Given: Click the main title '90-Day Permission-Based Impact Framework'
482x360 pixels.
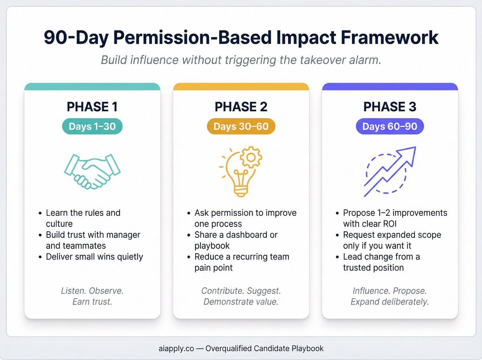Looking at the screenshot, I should tap(241, 38).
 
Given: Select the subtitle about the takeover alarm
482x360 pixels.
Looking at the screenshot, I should tap(241, 60).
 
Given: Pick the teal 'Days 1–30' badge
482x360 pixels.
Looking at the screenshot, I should tap(92, 127).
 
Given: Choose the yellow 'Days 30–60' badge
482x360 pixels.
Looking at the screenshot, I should tap(241, 127).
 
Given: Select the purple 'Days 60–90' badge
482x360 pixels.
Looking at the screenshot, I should tap(390, 127).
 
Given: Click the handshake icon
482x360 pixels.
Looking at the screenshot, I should tap(92, 171).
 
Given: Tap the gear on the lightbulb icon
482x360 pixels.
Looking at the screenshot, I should tap(251, 157).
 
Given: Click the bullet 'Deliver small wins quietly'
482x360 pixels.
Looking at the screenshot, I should tap(94, 256).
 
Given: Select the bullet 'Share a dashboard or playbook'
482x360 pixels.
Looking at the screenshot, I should tap(236, 240).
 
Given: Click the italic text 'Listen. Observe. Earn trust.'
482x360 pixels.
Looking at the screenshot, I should tap(92, 296).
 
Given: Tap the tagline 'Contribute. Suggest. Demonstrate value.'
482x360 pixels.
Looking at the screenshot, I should tap(241, 296).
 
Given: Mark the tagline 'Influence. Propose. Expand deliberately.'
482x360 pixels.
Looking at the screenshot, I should tap(390, 296).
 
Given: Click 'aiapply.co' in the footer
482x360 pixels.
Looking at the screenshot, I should tap(175, 348).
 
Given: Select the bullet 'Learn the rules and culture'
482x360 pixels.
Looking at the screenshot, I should tap(83, 218).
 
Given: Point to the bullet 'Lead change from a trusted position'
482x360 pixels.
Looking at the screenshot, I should tap(382, 262).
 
